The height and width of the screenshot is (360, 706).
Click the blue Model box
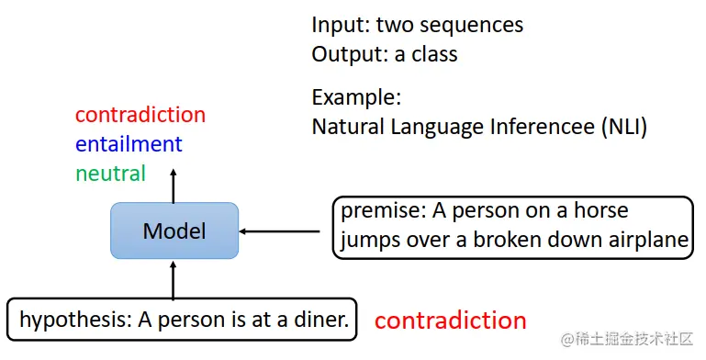174,231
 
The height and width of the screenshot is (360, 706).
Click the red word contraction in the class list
140,115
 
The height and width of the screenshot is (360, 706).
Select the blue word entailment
129,144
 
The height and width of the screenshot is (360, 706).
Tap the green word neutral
110,173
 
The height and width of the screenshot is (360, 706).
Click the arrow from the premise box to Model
285,231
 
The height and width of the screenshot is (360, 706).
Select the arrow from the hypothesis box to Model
174,277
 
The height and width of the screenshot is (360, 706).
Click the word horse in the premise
601,211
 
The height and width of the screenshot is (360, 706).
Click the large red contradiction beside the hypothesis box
450,321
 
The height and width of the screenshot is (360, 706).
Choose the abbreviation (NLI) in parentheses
623,126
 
